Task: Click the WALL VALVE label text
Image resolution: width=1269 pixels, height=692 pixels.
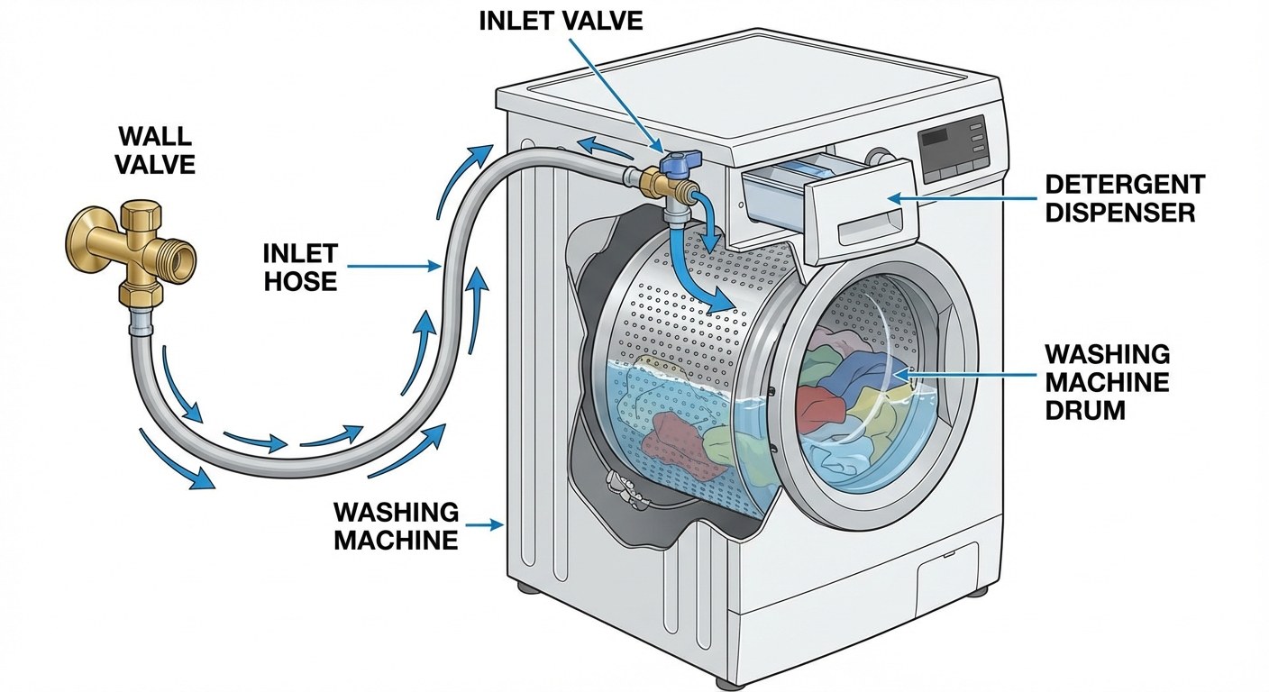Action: pos(155,150)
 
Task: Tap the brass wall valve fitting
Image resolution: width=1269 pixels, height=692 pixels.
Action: pos(135,249)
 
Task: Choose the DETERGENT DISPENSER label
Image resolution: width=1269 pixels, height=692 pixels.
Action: pos(1124,198)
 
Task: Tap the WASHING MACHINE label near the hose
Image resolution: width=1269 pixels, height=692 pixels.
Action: pos(396,526)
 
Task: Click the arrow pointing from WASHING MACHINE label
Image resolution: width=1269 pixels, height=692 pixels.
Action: pos(487,524)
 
